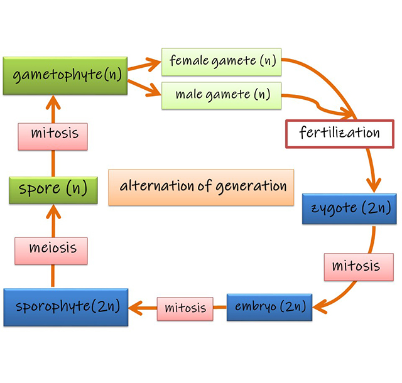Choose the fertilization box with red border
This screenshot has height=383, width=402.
(x=340, y=133)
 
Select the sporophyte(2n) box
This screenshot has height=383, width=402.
(x=65, y=307)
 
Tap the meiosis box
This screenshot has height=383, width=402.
(x=53, y=248)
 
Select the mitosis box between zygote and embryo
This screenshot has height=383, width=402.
(x=352, y=266)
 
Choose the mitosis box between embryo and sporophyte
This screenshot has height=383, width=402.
(x=185, y=308)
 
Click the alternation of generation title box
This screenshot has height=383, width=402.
(x=201, y=186)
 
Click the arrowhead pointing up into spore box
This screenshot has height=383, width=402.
(x=53, y=214)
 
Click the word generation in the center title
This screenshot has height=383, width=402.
(x=255, y=186)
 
